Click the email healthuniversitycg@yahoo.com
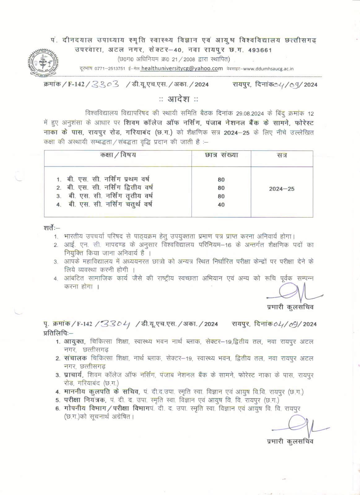pos(182,69)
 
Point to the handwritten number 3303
pos(106,84)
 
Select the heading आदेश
pos(179,99)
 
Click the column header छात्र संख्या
pos(221,155)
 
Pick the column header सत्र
pos(282,155)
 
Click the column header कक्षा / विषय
pos(118,155)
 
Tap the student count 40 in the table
pos(221,205)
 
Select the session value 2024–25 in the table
pos(282,189)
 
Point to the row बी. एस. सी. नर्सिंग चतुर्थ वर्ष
pos(110,204)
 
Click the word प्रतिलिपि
pos(58,333)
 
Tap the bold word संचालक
pos(76,358)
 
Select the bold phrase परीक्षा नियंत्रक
pos(85,400)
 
